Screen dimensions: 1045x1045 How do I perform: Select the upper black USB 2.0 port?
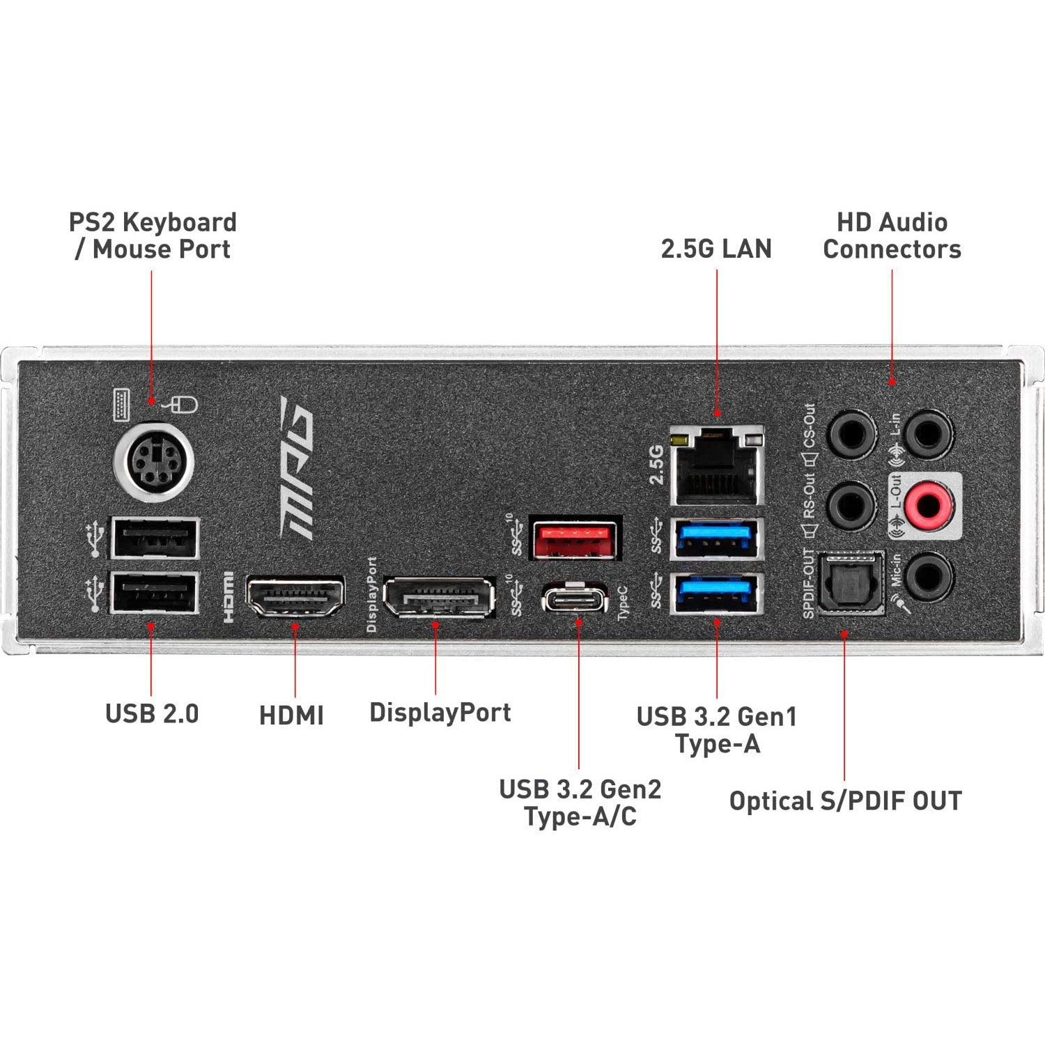pyautogui.click(x=154, y=538)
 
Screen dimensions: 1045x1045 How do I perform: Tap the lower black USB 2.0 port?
pyautogui.click(x=154, y=592)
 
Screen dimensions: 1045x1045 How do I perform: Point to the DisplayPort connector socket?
pyautogui.click(x=438, y=598)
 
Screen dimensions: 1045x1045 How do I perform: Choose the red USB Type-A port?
pyautogui.click(x=575, y=539)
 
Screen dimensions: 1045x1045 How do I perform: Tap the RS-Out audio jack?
pyautogui.click(x=851, y=506)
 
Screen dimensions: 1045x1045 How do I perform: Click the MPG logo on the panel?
pyautogui.click(x=297, y=467)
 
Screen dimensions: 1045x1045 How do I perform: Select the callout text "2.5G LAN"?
pyautogui.click(x=716, y=249)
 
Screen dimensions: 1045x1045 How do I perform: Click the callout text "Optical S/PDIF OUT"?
pyautogui.click(x=845, y=801)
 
